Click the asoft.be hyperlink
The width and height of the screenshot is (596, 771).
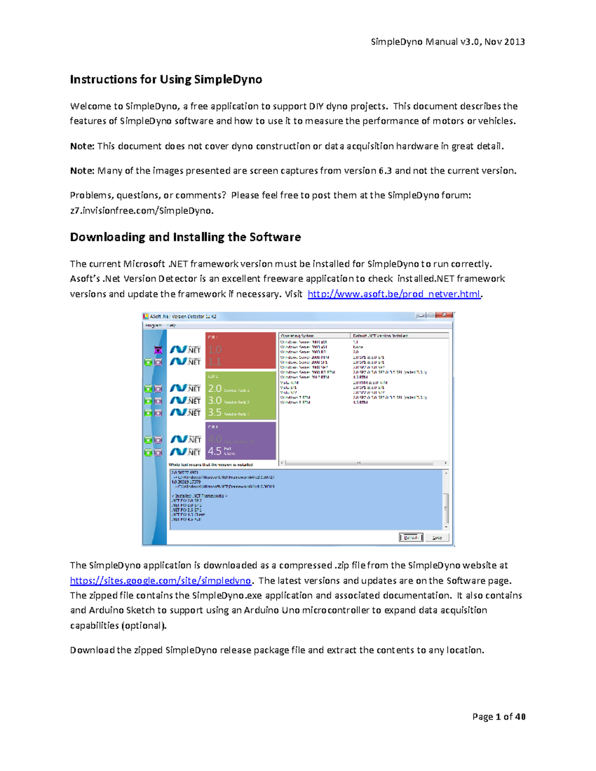click(x=394, y=294)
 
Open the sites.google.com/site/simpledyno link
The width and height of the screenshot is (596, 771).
click(x=160, y=580)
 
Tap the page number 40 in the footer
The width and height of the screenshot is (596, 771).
click(x=520, y=716)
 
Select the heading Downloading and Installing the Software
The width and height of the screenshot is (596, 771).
click(x=185, y=237)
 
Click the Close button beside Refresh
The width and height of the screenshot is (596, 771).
click(x=437, y=538)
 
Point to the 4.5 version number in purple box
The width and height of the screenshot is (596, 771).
click(x=215, y=451)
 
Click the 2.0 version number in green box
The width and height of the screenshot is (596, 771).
click(x=215, y=388)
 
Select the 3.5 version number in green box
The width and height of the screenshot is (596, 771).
click(x=215, y=413)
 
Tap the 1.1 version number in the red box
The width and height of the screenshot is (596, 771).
click(x=215, y=361)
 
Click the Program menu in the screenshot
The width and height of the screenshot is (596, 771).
click(x=153, y=325)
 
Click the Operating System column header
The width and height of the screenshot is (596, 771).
click(x=297, y=336)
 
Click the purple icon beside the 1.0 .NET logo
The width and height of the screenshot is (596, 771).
click(x=158, y=350)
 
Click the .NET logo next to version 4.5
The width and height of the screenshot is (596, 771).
click(x=186, y=451)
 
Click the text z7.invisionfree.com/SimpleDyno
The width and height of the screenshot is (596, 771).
click(x=142, y=210)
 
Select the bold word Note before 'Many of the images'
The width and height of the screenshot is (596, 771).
click(x=81, y=171)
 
